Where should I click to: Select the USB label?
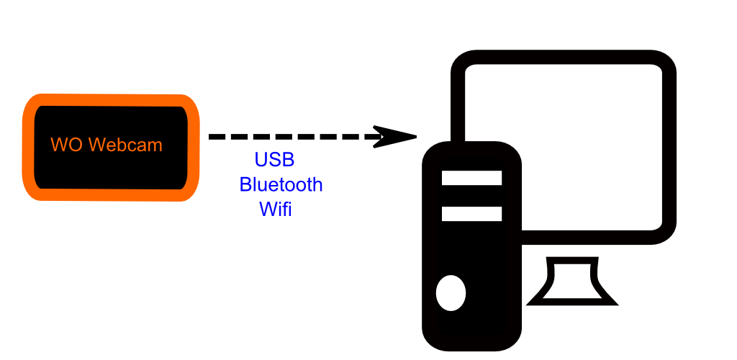[274, 160]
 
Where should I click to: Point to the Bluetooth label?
[281, 185]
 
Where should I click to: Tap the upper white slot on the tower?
[471, 178]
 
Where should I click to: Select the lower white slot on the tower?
[471, 214]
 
